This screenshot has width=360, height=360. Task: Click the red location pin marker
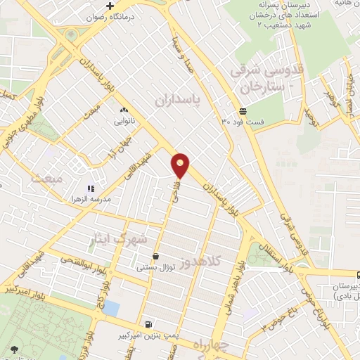coord(181,165)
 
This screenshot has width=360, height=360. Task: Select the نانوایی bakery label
coord(125,120)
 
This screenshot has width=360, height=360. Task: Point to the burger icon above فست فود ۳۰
coord(243,111)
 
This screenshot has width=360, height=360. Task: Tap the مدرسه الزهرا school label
coord(117,190)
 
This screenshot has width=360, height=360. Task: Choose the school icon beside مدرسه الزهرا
coord(90,189)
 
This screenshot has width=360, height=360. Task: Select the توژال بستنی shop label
coord(156,268)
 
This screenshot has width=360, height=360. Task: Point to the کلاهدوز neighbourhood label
coord(200,262)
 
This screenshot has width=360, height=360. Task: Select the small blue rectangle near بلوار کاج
coord(110,307)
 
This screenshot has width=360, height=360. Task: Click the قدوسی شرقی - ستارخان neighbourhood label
coord(266,79)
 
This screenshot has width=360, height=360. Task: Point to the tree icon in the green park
coord(14,349)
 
